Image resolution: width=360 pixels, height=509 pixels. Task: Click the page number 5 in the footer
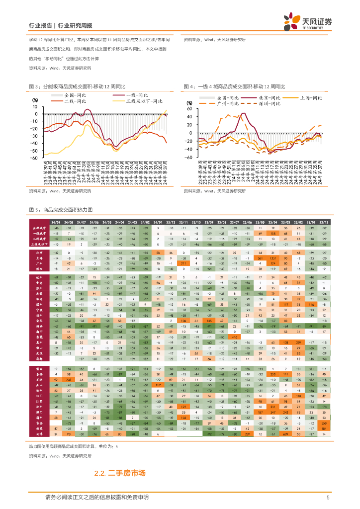click(x=328, y=498)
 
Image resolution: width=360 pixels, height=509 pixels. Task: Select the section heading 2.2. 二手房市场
click(x=119, y=474)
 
